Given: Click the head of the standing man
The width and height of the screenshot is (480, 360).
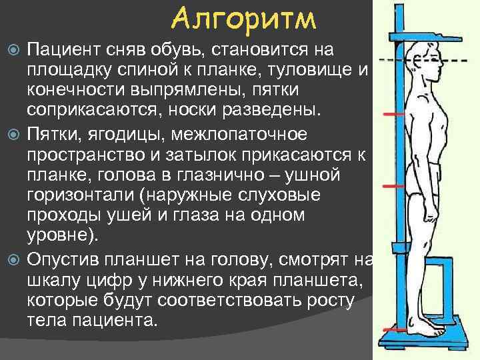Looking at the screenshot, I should click(426, 61).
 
